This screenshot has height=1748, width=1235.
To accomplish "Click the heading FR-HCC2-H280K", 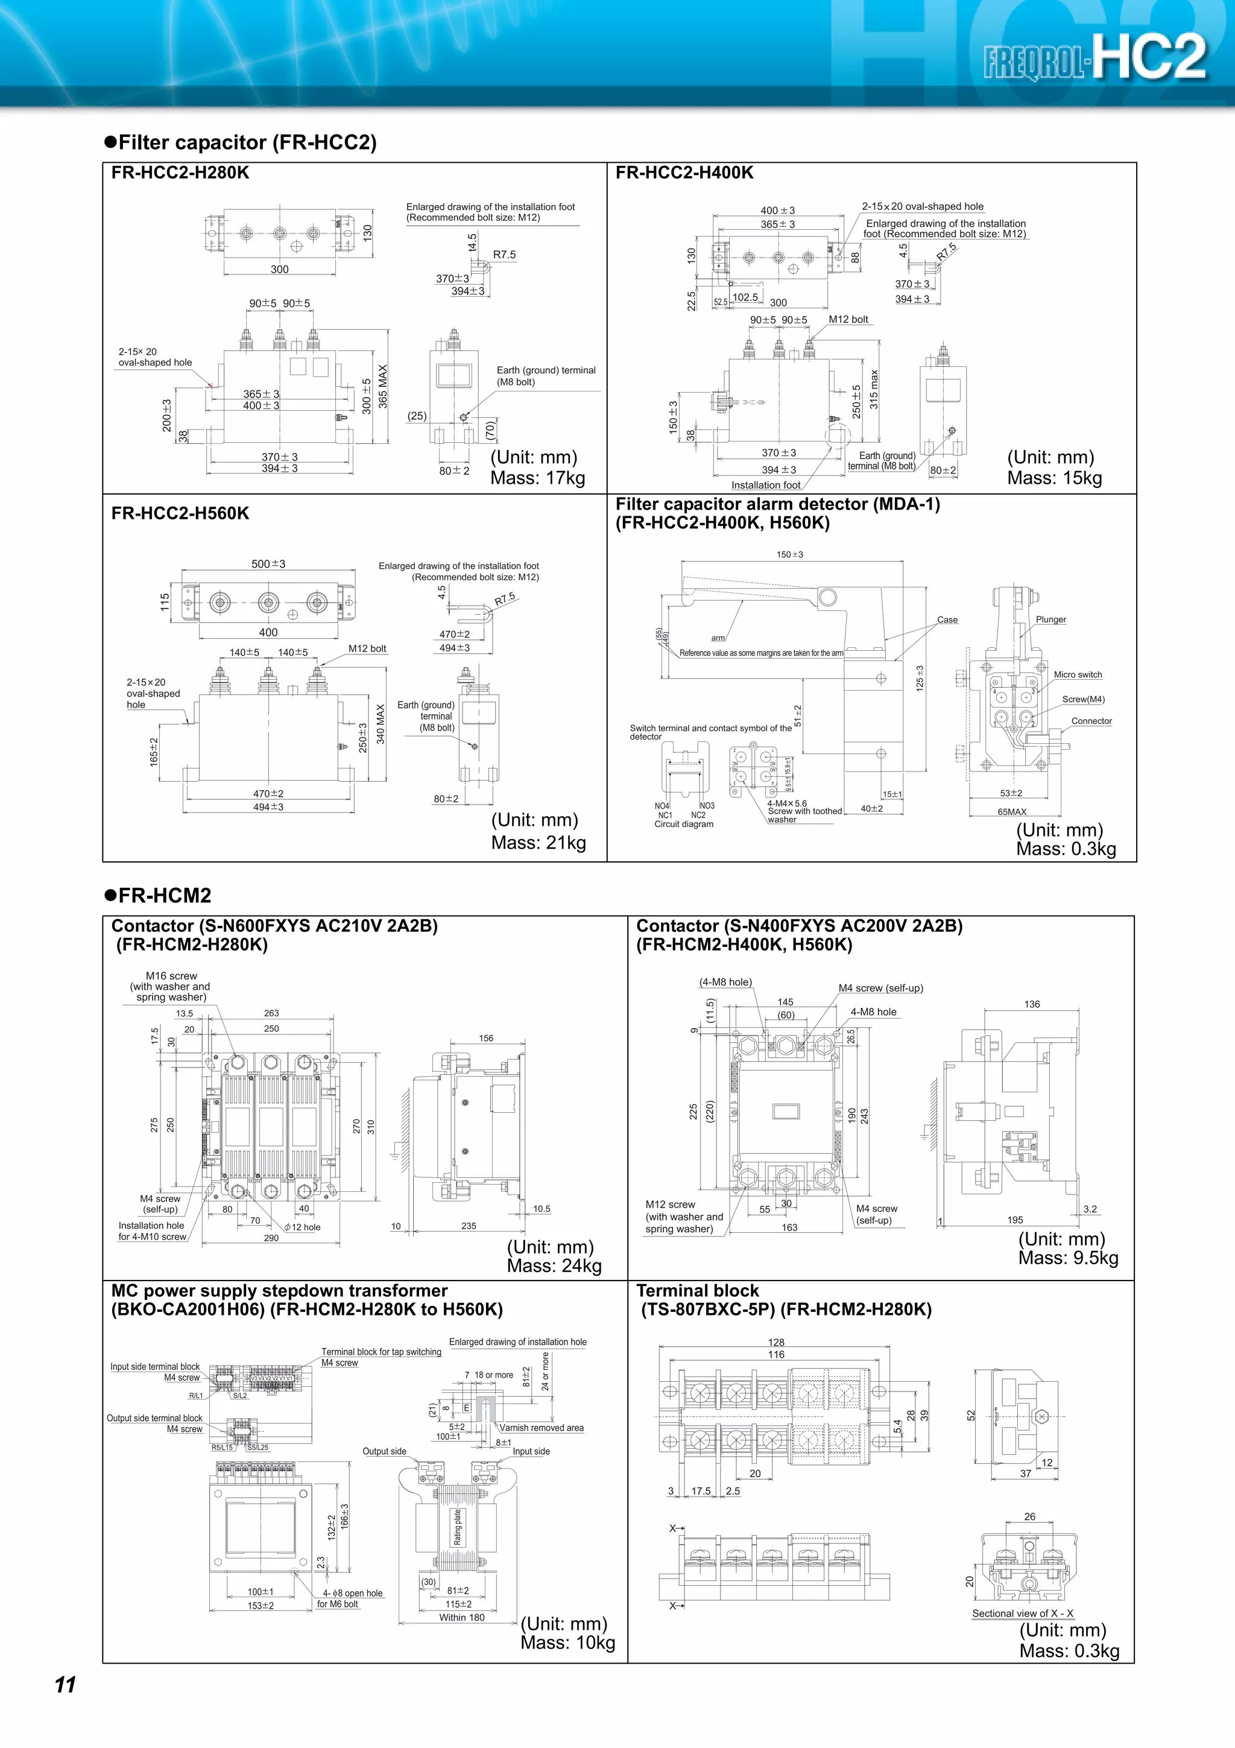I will click(180, 173).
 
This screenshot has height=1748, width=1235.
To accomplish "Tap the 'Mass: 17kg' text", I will click(537, 478).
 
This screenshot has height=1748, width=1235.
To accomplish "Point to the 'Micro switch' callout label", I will click(1078, 674).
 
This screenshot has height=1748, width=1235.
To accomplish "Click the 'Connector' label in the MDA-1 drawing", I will click(1091, 721).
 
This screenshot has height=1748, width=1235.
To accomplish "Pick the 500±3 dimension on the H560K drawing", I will click(268, 564).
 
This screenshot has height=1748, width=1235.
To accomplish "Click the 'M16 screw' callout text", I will click(171, 976).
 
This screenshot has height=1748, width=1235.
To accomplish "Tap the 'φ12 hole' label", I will click(303, 1227).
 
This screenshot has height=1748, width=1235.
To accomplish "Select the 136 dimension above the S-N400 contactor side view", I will click(1031, 1004).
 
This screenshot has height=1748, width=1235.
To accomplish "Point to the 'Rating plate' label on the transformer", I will click(457, 1527).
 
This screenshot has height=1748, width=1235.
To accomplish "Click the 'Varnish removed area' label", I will click(541, 1428).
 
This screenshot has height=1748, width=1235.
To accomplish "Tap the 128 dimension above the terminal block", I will click(776, 1342).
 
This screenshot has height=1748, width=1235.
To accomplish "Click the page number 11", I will click(66, 1684).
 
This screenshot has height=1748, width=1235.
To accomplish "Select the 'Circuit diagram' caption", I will click(683, 824).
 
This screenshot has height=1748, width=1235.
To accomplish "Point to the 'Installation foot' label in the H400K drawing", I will click(765, 485).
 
